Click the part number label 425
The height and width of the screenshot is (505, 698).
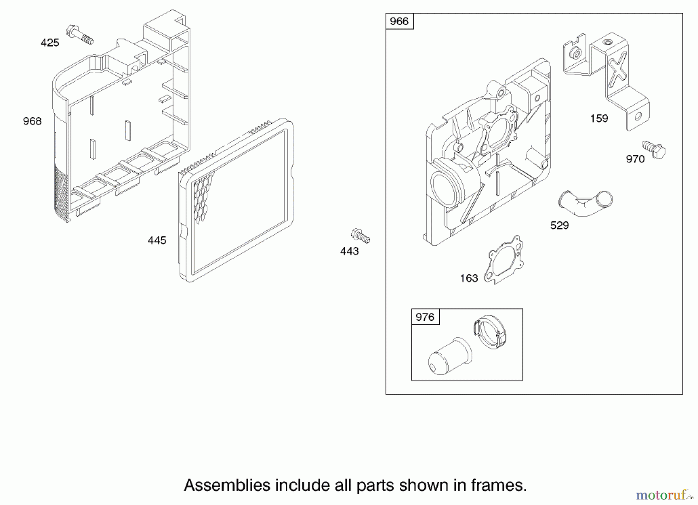pos(50,43)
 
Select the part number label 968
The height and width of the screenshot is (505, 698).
pos(32,121)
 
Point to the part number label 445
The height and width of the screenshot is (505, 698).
pos(157,240)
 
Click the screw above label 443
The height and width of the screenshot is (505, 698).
pos(360,236)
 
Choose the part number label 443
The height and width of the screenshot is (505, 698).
pos(349,251)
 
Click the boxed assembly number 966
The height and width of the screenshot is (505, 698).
pos(399,21)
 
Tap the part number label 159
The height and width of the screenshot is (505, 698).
pos(599,119)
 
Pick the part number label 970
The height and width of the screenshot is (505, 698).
pos(635,159)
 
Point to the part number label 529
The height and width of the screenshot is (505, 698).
pos(560,226)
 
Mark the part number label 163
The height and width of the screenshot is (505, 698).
pos(469,278)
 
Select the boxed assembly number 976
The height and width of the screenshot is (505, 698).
pos(425,317)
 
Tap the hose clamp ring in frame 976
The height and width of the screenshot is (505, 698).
pos(491,332)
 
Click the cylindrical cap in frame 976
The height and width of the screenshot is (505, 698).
pos(450,356)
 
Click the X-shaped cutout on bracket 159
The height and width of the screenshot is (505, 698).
pos(617,69)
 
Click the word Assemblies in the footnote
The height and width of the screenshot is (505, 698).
pos(227,485)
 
